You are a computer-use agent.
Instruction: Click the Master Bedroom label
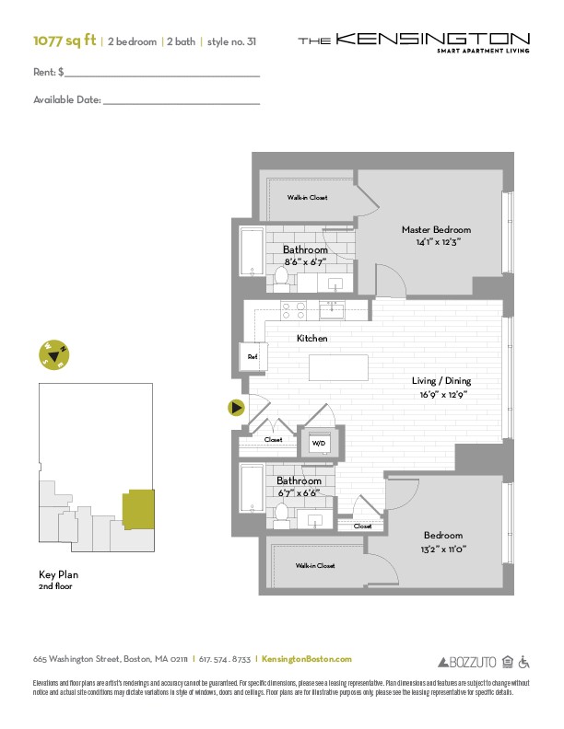click(436, 229)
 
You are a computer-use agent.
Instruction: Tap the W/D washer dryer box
click(319, 443)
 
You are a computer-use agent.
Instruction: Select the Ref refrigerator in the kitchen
click(252, 356)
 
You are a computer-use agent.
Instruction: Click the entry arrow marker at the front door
click(237, 407)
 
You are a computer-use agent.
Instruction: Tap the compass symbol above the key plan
click(54, 353)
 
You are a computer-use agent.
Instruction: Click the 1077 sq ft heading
click(65, 40)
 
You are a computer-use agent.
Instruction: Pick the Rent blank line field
click(162, 71)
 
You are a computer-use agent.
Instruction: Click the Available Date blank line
click(181, 100)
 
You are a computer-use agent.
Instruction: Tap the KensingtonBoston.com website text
click(307, 659)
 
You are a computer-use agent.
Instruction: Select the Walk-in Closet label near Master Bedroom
click(306, 197)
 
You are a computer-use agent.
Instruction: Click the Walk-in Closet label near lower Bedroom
click(315, 565)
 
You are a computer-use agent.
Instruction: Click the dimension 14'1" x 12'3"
click(436, 242)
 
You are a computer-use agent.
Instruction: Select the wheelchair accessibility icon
click(523, 661)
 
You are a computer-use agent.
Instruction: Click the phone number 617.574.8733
click(225, 659)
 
